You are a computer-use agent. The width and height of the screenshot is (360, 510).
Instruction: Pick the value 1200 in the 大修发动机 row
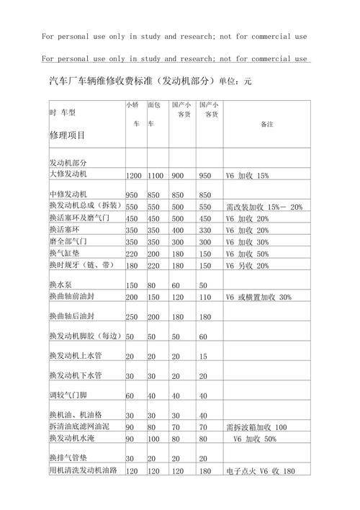click(134, 176)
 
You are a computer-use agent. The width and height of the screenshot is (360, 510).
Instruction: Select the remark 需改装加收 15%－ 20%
click(264, 207)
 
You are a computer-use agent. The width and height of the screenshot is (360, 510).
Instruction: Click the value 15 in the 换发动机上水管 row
click(202, 357)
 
